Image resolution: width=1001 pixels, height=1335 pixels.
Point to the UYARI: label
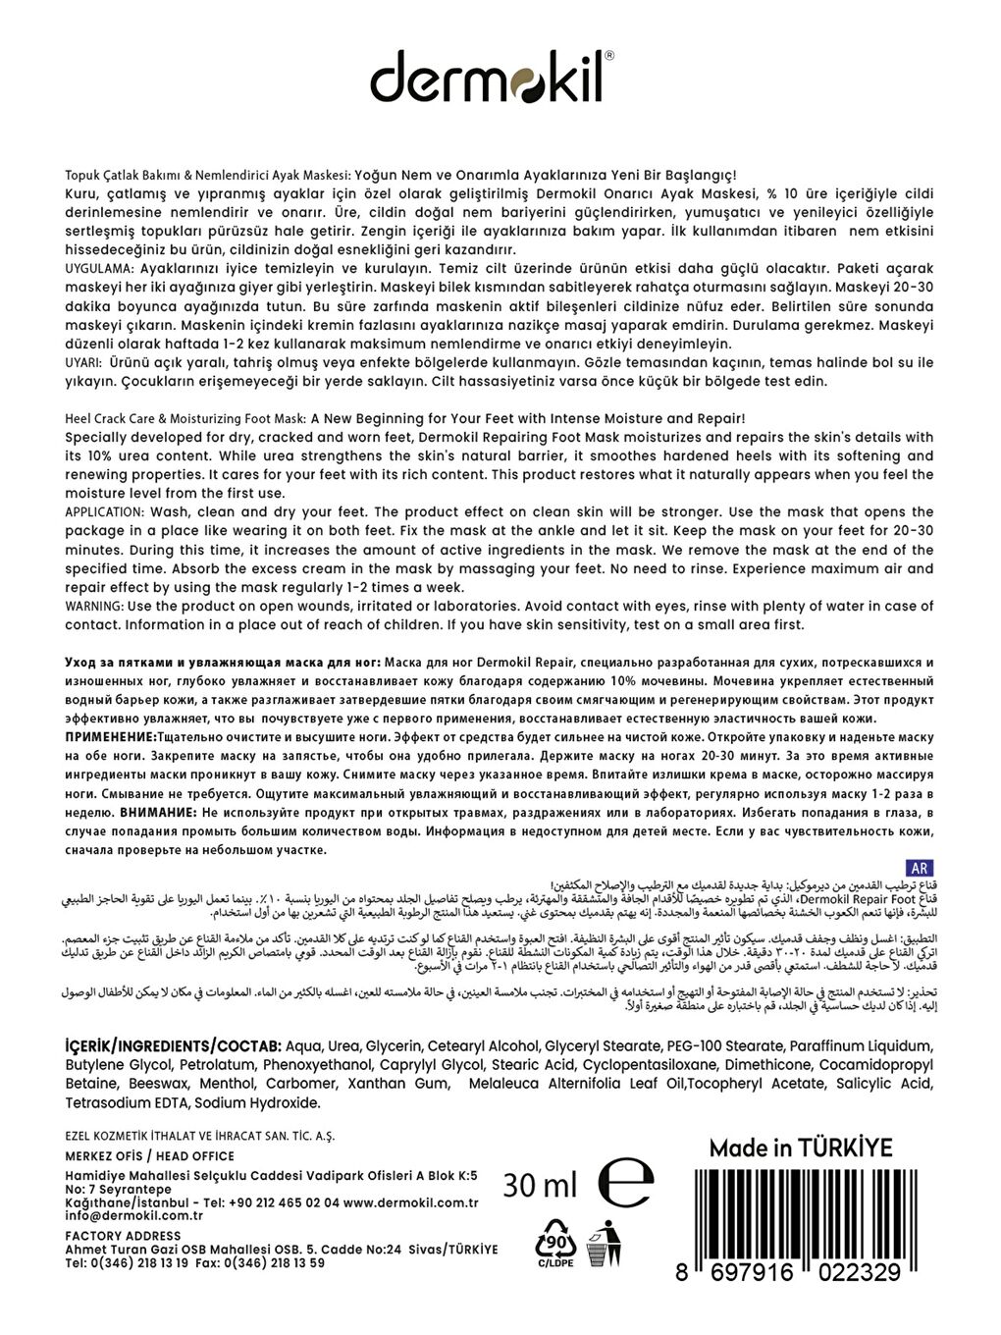tap(85, 362)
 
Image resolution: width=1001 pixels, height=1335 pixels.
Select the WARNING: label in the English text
tap(93, 607)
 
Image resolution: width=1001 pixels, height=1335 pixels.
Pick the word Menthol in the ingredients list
tap(227, 1083)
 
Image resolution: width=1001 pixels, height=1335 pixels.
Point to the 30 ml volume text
tap(540, 1186)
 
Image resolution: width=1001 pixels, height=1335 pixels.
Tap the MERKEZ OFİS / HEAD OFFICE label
tap(149, 1155)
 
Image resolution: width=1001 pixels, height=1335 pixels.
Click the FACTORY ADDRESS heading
tap(123, 1235)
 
